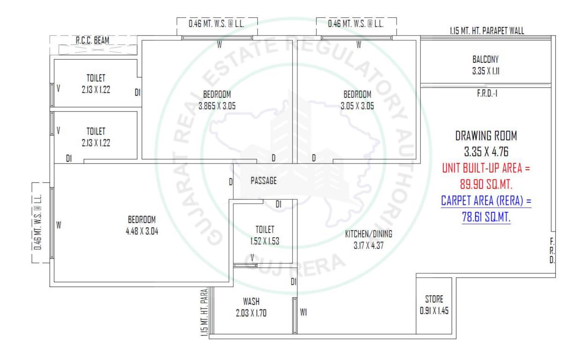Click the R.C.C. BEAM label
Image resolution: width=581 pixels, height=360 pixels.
92,41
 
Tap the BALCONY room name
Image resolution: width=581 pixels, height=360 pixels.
485,60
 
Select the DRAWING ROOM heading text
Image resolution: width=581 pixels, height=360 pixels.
486,136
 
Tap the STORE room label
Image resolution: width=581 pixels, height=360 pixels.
434,299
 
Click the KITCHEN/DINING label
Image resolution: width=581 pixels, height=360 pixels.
369,233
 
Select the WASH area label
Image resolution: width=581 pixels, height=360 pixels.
251,301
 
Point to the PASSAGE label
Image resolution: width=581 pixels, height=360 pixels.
263,180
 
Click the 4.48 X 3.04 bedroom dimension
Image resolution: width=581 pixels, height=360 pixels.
141,230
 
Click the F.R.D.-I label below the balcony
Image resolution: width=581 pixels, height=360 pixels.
486,93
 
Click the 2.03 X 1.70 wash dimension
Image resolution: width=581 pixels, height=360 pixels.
251,314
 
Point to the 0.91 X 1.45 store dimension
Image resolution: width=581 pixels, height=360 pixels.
434,310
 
